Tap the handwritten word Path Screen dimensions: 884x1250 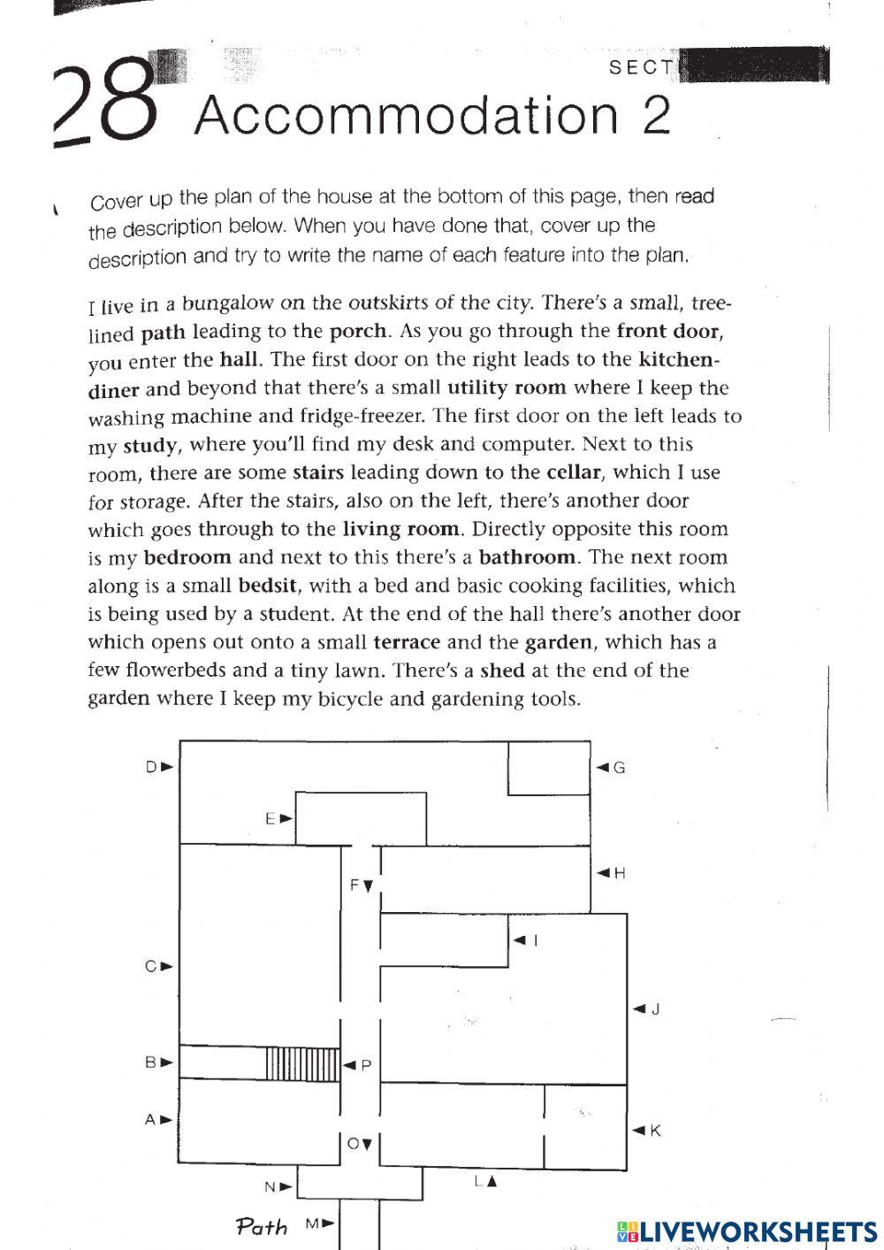tap(262, 1227)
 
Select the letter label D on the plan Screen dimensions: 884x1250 tap(151, 767)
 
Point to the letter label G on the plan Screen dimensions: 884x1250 tap(620, 768)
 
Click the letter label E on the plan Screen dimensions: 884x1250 tap(271, 818)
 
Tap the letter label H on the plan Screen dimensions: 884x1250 tap(620, 873)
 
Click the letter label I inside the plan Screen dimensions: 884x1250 tap(535, 940)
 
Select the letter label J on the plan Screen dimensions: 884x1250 tap(656, 1008)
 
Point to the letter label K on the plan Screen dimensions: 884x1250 tap(656, 1130)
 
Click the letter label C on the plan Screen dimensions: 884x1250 tap(151, 966)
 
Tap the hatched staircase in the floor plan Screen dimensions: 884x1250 tap(302, 1063)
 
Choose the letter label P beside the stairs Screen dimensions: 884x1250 tap(366, 1065)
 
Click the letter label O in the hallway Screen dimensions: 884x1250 tap(354, 1144)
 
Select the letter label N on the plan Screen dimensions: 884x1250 tap(271, 1186)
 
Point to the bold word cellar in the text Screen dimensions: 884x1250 tap(574, 472)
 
